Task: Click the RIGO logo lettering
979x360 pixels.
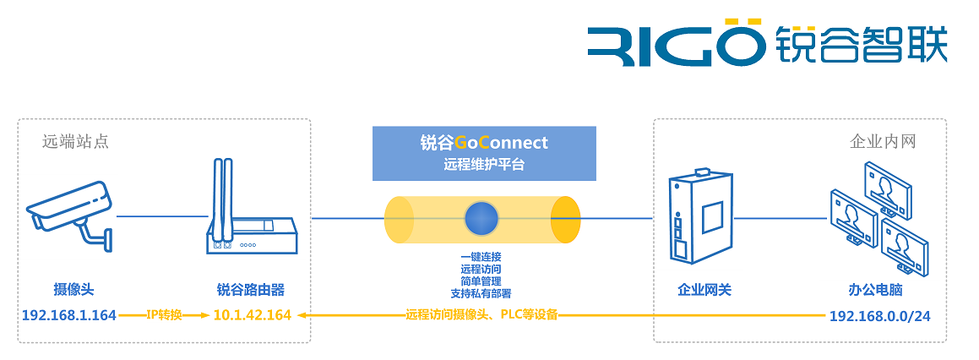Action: (674, 45)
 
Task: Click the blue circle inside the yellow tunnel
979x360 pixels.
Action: (482, 218)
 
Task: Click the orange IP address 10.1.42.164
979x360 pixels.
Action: (252, 315)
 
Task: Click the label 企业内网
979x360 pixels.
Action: (883, 141)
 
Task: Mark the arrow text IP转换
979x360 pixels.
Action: (164, 315)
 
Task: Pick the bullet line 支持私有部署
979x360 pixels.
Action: (481, 292)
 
